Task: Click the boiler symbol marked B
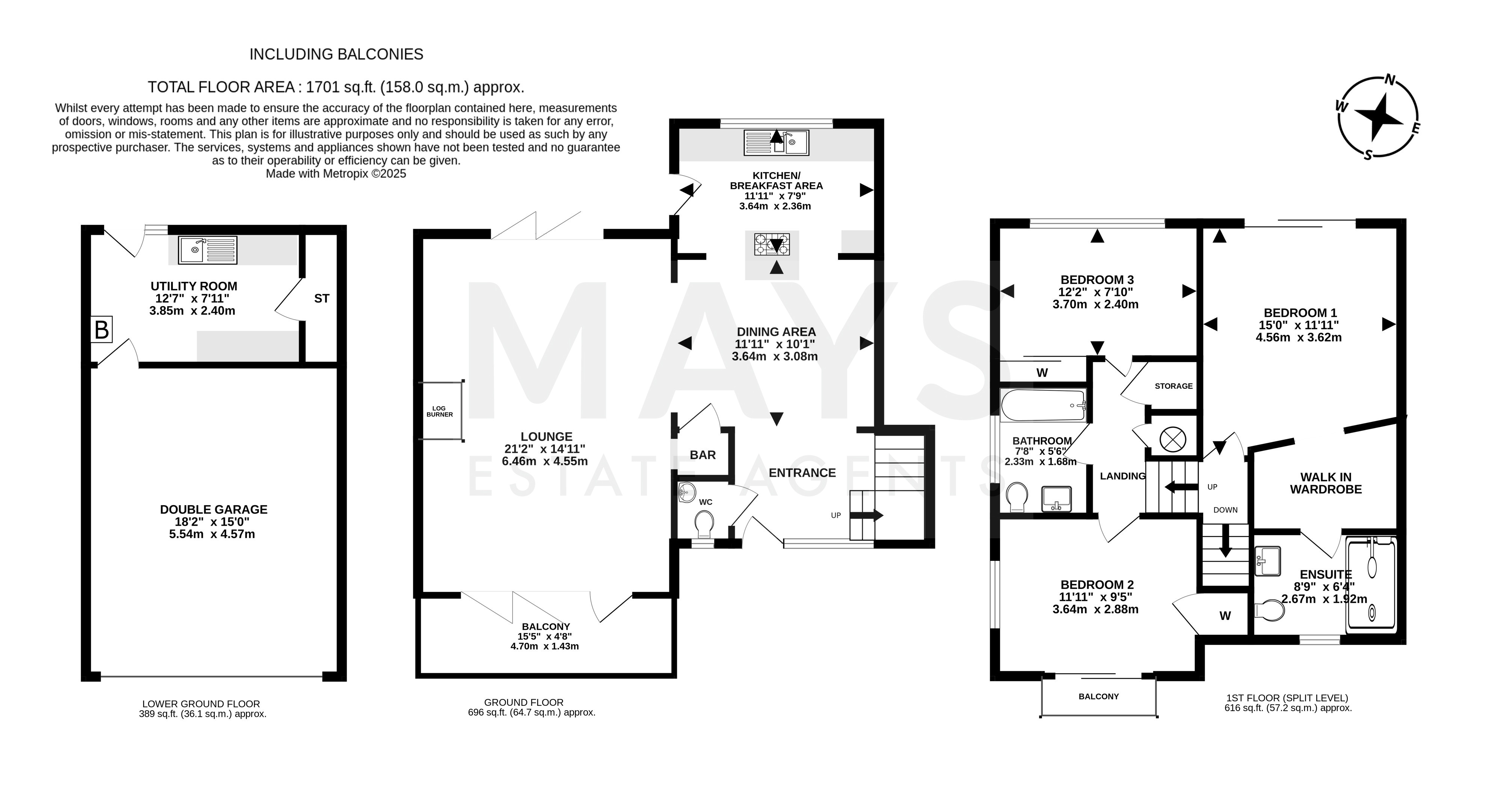point(101,330)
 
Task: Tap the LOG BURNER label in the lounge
point(439,411)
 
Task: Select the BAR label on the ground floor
point(702,455)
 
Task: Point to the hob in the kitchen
point(772,244)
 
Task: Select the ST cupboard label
point(322,298)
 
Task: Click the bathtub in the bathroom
point(1044,406)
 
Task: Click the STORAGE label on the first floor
point(1174,386)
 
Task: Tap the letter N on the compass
point(1390,96)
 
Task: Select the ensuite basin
point(1267,561)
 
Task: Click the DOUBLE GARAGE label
point(214,509)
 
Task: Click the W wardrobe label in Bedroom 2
point(1225,616)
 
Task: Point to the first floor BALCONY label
point(1099,696)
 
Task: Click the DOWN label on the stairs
point(1225,510)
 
